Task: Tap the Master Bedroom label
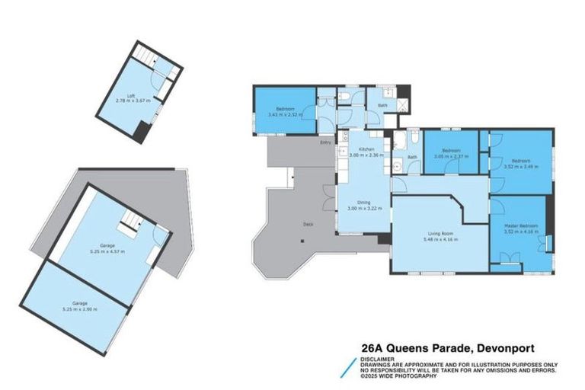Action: pos(518,226)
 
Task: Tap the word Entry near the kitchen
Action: pos(326,142)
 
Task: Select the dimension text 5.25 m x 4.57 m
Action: pos(107,251)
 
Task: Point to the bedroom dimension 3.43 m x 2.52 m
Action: pos(285,115)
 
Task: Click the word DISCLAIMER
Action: pos(378,357)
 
